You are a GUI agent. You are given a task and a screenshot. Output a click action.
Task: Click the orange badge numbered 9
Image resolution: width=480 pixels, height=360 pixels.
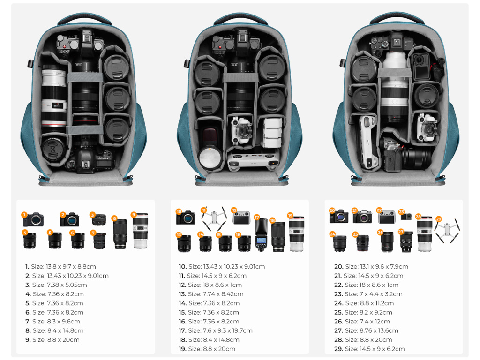point(134,215)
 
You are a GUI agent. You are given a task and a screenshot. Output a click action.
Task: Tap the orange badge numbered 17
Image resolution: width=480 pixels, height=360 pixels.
point(256,217)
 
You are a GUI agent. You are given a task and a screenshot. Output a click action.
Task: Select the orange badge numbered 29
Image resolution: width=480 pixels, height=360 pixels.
point(439,219)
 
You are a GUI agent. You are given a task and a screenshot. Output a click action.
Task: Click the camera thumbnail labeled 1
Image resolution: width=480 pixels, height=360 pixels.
point(34,219)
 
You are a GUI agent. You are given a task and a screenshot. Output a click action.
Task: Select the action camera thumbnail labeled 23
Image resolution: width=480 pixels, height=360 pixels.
point(406,216)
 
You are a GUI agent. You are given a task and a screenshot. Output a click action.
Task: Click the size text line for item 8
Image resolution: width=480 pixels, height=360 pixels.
point(54,330)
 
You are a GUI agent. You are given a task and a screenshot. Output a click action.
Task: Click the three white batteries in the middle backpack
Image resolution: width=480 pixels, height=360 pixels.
point(272,133)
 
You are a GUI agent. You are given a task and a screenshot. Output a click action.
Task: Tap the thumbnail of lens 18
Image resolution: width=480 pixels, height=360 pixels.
point(278,236)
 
